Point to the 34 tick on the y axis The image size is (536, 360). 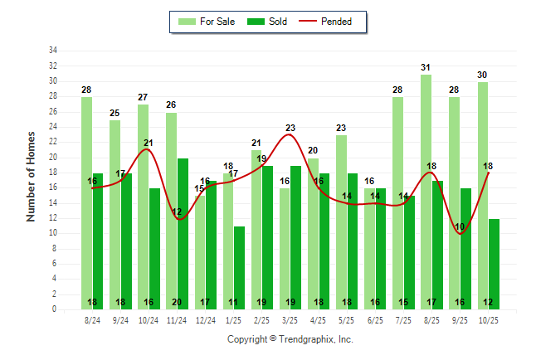[x=53, y=51]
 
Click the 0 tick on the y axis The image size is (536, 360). [x=55, y=309]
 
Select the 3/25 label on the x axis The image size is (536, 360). [x=290, y=319]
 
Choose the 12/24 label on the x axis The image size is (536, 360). [x=205, y=319]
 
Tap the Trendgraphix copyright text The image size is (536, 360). [x=290, y=339]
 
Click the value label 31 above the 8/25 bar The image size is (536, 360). [x=425, y=68]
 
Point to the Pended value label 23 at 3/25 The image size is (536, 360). [x=290, y=129]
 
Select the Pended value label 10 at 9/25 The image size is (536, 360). [x=460, y=227]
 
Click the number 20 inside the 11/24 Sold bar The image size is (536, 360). [x=183, y=303]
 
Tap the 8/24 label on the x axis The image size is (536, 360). [x=92, y=319]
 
